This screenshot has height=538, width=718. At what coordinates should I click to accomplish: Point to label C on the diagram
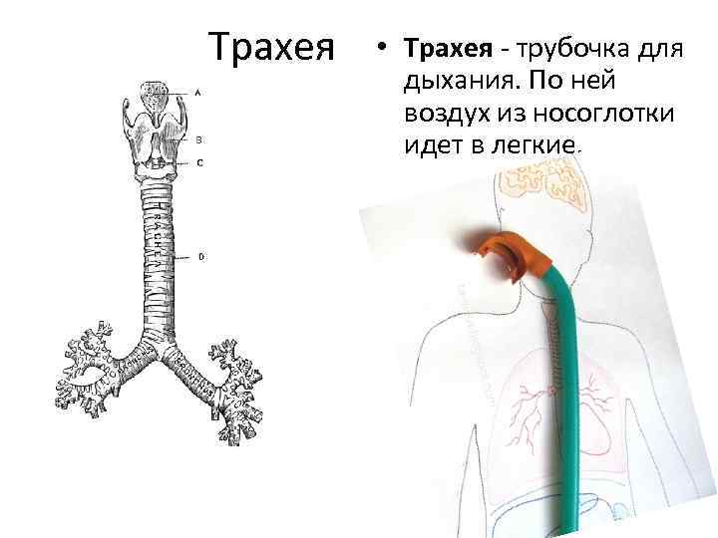[199, 162]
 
